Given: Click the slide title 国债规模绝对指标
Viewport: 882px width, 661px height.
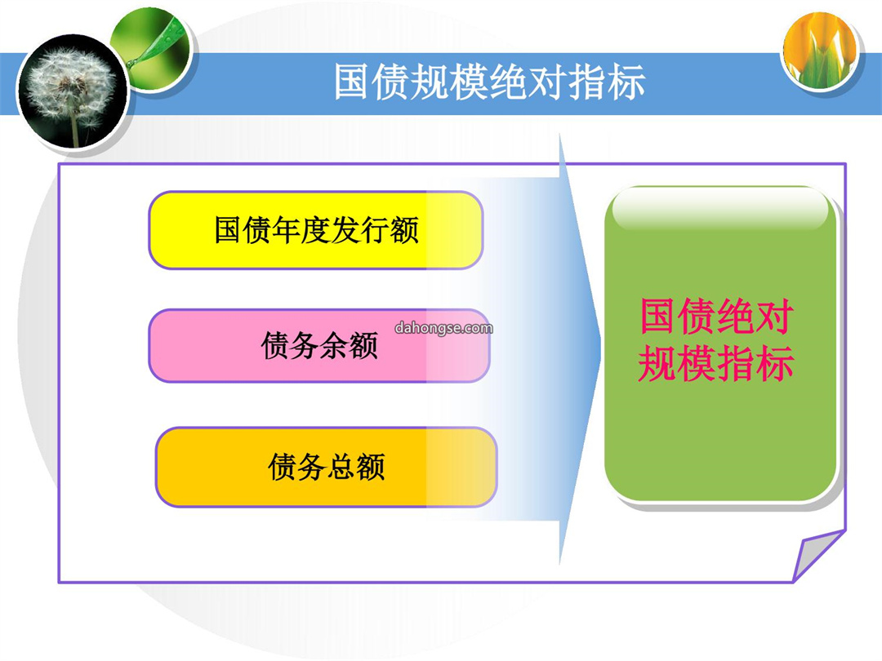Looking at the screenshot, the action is coord(489,82).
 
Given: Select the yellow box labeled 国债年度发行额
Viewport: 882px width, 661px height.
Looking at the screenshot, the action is coord(315,230).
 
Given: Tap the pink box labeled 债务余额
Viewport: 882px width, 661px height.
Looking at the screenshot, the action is coord(319,345).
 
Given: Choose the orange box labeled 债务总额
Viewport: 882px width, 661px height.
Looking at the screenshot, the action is coord(326,467).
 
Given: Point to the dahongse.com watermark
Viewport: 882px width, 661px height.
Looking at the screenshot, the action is coord(443,328).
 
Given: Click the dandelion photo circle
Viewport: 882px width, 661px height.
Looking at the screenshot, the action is coord(72,91).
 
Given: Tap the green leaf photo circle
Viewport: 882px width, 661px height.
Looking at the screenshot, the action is coord(151,50).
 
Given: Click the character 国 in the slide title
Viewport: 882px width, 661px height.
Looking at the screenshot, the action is coord(352,82).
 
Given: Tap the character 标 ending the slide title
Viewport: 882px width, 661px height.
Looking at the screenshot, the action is coord(626,82).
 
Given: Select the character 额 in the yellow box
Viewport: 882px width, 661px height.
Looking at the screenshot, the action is coord(404,230).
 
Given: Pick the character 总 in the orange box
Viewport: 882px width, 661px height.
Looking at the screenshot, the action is coord(341,467).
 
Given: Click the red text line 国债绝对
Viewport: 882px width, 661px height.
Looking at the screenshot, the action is coord(717,317).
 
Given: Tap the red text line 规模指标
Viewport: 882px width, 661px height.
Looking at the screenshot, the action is coord(715,363).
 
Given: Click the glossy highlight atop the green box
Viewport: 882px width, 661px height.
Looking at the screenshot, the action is coord(720,209).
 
